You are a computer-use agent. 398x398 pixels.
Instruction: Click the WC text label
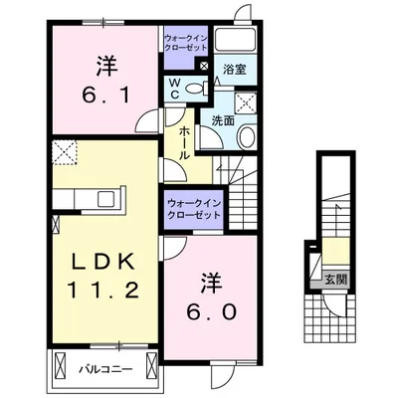pyautogui.click(x=174, y=89)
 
